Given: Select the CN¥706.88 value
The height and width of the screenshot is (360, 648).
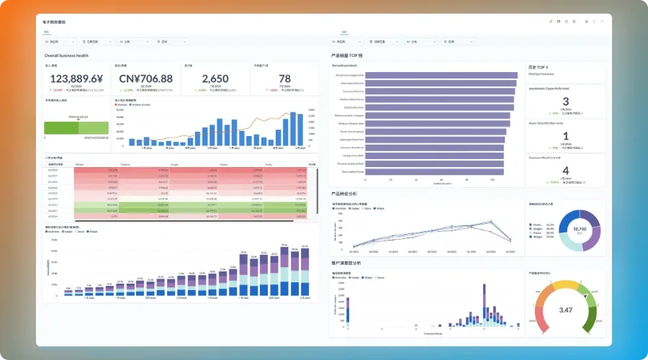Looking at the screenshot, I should [146, 78].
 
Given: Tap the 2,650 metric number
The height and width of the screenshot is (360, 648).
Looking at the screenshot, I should [215, 78].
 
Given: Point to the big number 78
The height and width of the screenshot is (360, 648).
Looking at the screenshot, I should [284, 78].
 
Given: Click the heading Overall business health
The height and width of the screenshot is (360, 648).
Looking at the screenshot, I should [66, 55].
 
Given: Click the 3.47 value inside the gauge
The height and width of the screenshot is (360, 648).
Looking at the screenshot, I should [565, 310].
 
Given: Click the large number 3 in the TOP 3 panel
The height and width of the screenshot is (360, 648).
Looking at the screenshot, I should [565, 102].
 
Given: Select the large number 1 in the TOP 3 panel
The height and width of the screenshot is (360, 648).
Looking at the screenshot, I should [565, 136].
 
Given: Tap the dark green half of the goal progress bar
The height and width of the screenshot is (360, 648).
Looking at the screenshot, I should [61, 127].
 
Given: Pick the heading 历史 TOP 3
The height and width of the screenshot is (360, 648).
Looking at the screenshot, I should [539, 66].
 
